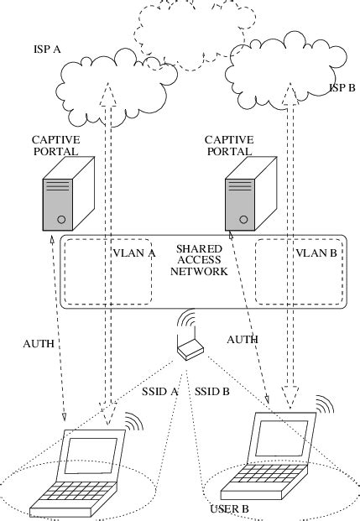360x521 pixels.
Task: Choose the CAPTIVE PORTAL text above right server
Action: click(x=229, y=145)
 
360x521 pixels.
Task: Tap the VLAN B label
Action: click(x=315, y=251)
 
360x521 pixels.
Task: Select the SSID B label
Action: click(x=212, y=392)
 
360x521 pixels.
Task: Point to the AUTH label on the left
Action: click(x=39, y=343)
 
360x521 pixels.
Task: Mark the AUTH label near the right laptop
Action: click(x=242, y=339)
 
